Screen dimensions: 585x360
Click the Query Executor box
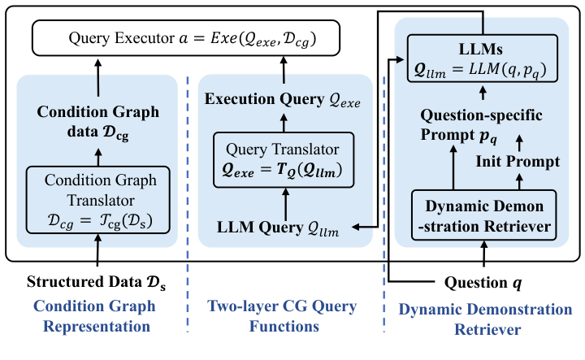coord(186,38)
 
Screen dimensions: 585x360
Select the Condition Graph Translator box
coord(97,200)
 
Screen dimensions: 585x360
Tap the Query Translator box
coord(284,159)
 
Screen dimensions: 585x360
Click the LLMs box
coord(483,59)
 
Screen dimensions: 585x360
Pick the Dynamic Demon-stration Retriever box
coord(484,215)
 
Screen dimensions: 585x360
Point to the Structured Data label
coord(96,282)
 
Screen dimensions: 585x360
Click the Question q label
coord(483,283)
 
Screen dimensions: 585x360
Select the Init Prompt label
coord(518,162)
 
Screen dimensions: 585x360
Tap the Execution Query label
coord(283,100)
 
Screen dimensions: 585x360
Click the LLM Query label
coord(278,228)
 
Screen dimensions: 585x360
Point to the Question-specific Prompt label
coord(481,125)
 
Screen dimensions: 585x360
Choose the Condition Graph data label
coord(97,122)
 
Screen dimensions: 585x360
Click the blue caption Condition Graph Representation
coord(95,316)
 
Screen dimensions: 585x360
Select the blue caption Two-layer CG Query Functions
coord(283,316)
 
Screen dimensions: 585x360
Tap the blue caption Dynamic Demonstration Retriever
coord(485,319)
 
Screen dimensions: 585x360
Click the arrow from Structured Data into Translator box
coord(97,250)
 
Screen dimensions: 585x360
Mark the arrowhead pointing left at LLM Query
coord(356,227)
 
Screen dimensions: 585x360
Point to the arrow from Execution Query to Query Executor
coord(284,70)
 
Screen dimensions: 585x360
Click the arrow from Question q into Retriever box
coord(484,254)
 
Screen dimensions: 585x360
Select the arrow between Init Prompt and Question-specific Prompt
coord(519,143)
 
